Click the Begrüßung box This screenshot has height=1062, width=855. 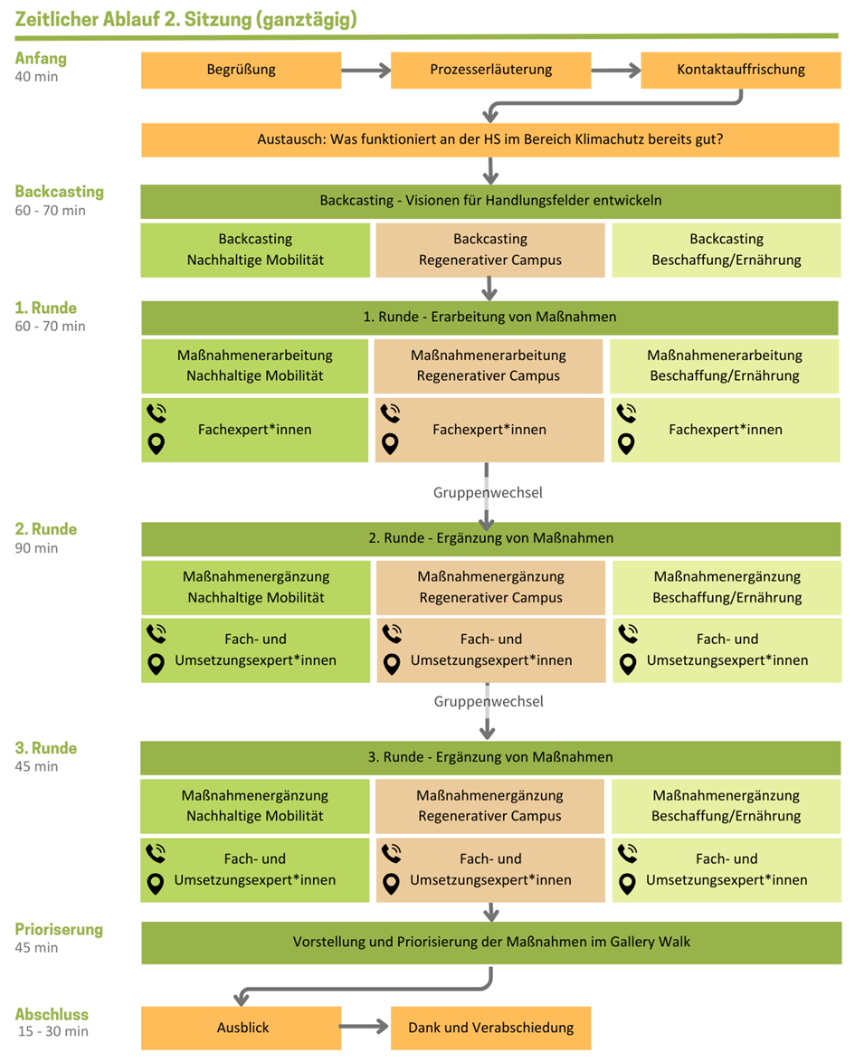tap(241, 70)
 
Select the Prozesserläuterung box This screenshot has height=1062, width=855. tap(490, 70)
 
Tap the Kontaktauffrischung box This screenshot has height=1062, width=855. tap(740, 70)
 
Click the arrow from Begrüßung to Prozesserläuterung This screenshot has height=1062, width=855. tap(366, 71)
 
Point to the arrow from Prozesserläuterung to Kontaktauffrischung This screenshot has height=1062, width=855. tap(615, 71)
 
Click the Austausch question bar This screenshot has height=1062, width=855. tap(490, 140)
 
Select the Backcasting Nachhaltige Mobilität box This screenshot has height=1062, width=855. tap(255, 250)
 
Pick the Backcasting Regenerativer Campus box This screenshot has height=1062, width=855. tap(489, 250)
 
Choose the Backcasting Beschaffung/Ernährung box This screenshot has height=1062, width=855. tap(726, 250)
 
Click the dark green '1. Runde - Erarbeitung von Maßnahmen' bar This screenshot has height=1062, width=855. tap(489, 318)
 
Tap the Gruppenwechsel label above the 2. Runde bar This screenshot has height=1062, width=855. tap(488, 493)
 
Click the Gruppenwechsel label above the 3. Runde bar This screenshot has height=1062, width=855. tap(488, 701)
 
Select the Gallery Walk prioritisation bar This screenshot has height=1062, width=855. tap(490, 942)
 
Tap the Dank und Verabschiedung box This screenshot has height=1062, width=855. tap(490, 1028)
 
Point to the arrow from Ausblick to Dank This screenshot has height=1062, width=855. tap(366, 1028)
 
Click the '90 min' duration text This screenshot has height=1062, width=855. tap(36, 548)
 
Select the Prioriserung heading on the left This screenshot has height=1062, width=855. tap(59, 929)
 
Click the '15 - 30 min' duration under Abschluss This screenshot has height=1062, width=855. tap(53, 1031)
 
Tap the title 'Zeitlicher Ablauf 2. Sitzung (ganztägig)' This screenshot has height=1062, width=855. tap(185, 18)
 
